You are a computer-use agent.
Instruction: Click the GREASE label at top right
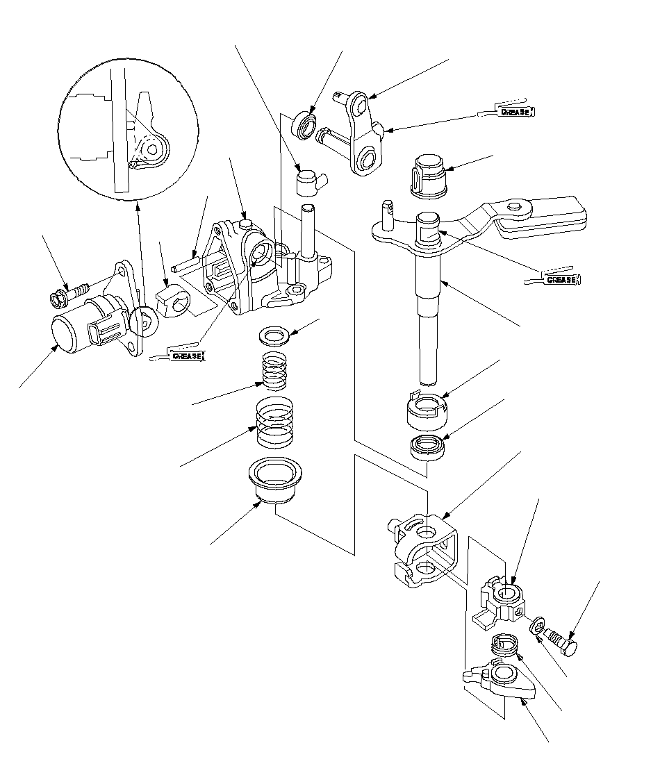(x=515, y=112)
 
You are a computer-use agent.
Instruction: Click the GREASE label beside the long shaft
(x=562, y=280)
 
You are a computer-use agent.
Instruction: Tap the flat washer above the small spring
(x=274, y=335)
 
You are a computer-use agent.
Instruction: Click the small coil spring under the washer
(x=274, y=372)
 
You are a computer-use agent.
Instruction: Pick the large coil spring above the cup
(x=274, y=422)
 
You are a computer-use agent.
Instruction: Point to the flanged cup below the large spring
(x=275, y=481)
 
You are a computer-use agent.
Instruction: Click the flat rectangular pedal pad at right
(x=541, y=218)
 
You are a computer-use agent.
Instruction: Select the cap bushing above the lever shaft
(x=429, y=176)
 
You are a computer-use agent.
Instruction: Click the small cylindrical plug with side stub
(x=311, y=181)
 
